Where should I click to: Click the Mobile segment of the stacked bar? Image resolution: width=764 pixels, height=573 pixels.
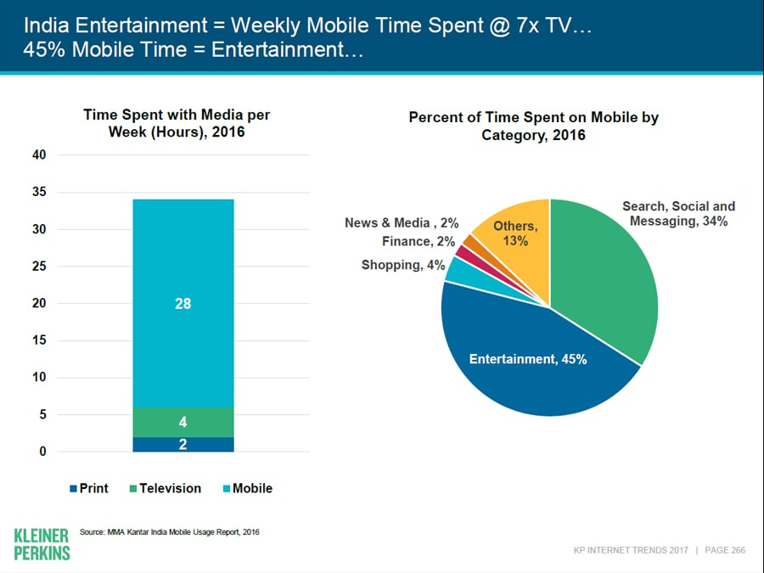(x=183, y=255)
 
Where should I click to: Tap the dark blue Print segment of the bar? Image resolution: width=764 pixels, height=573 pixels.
(x=183, y=444)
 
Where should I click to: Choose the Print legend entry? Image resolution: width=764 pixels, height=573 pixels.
(x=89, y=488)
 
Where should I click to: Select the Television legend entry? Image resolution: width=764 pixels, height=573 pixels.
(x=165, y=488)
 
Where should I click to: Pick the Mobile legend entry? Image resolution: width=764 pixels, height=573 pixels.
(x=247, y=488)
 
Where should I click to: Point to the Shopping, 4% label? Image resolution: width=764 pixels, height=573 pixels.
(x=403, y=265)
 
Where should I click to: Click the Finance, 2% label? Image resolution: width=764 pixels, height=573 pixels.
(x=419, y=242)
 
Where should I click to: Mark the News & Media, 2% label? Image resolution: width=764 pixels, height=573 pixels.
(x=402, y=223)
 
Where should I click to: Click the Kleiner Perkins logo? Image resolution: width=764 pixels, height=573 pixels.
(x=42, y=544)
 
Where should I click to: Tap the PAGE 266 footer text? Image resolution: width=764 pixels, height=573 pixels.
(x=726, y=550)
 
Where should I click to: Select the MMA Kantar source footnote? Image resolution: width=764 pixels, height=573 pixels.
(x=169, y=531)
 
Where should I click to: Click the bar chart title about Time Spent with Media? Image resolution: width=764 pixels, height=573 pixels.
(x=177, y=123)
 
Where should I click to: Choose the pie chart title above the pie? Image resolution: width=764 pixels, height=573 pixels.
(x=534, y=126)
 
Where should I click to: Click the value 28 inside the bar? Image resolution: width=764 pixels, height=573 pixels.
(x=183, y=303)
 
